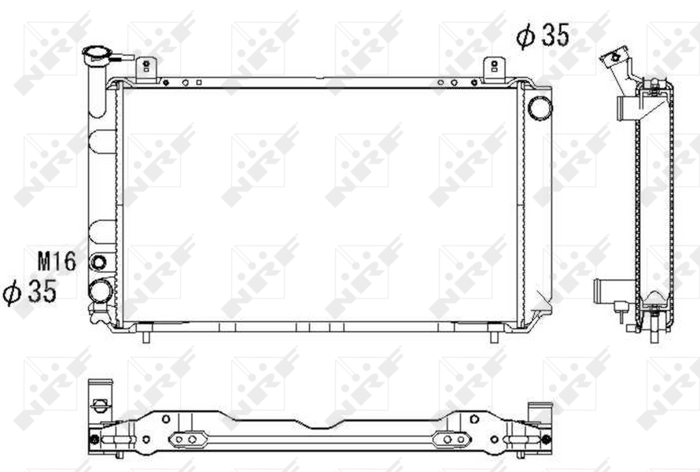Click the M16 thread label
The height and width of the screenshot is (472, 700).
coord(57,261)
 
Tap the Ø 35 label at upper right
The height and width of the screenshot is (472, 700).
coord(543,35)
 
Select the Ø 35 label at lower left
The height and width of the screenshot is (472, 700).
coord(29,292)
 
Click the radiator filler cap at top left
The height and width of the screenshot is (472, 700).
coord(99,55)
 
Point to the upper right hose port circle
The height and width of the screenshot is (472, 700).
coord(540,108)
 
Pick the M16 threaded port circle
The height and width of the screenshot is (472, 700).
coord(98,262)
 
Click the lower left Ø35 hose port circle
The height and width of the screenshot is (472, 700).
coord(101,291)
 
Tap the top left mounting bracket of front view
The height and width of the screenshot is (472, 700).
coord(146,70)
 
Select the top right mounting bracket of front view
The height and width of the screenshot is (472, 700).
coord(494,70)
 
